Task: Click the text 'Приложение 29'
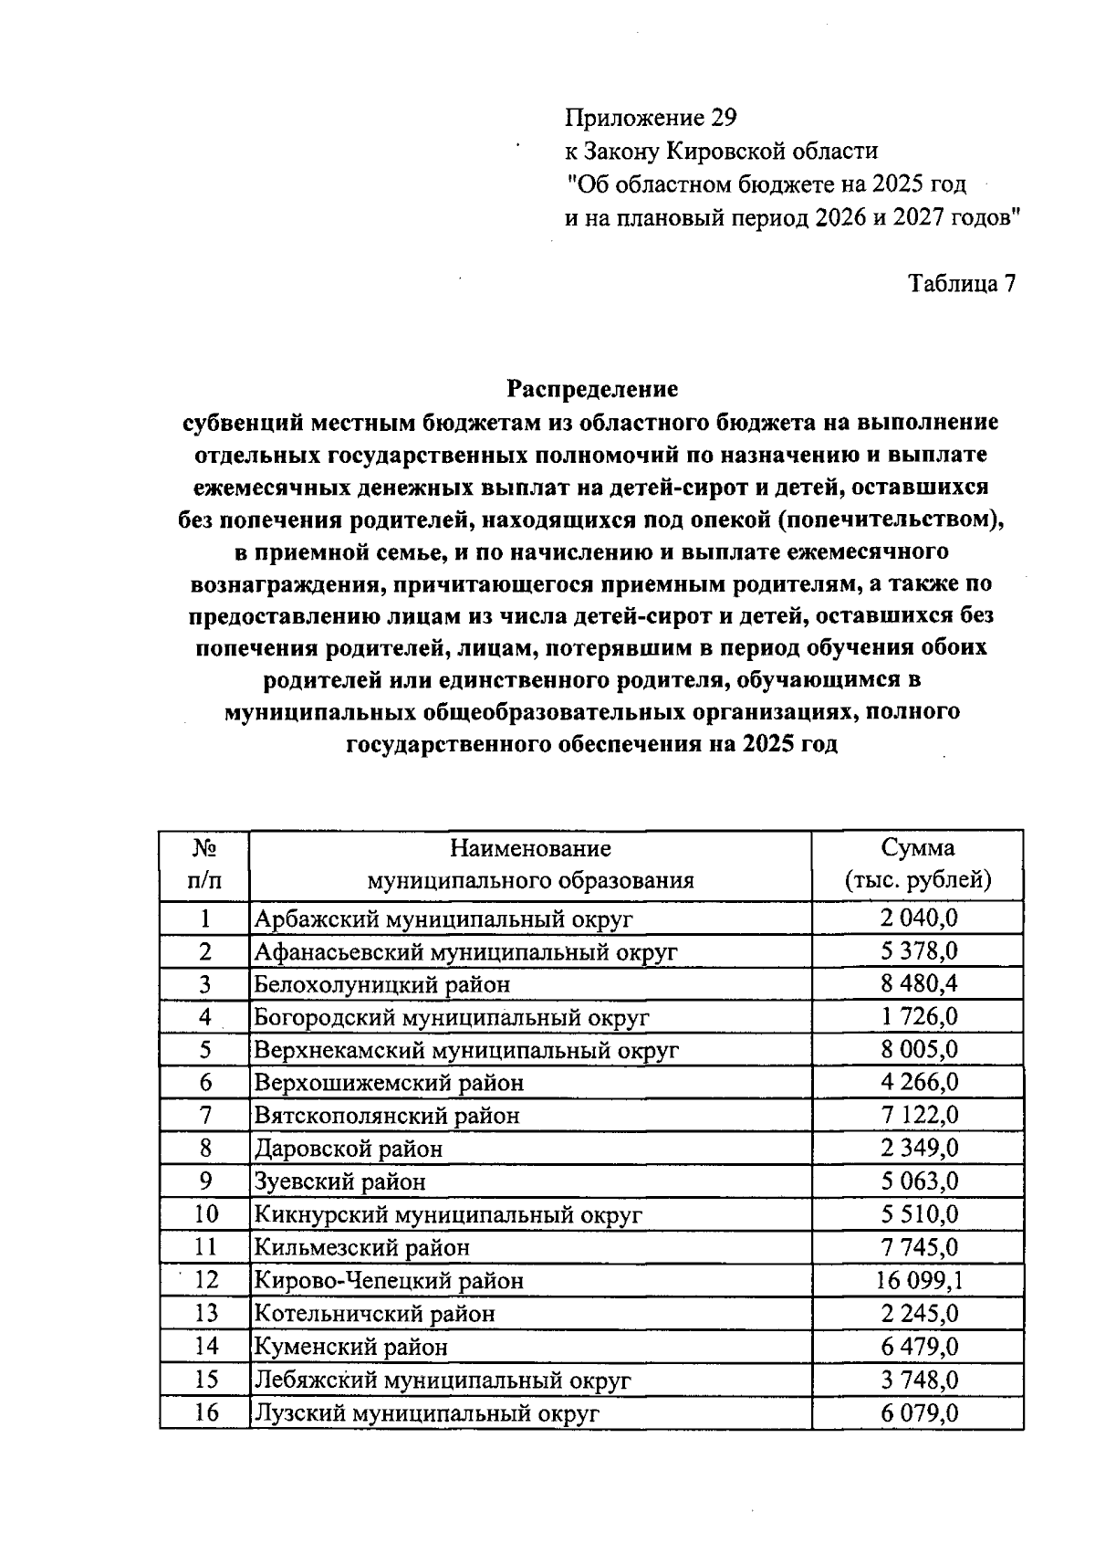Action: pos(650,118)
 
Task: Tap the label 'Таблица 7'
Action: pos(961,284)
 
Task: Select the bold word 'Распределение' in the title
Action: pos(592,390)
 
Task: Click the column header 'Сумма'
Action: pos(917,848)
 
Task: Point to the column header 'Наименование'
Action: pos(530,848)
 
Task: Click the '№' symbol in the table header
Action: pos(204,848)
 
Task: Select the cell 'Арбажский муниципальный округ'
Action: pos(443,918)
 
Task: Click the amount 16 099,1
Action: pos(919,1281)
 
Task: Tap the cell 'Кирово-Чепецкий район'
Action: pos(389,1281)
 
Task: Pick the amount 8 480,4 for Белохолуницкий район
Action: pos(919,984)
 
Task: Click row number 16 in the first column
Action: pos(206,1413)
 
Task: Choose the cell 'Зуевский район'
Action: pos(339,1182)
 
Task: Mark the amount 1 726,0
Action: pos(919,1017)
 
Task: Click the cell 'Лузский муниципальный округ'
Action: pos(426,1414)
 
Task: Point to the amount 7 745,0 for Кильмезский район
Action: pos(919,1247)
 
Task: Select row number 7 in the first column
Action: pos(206,1116)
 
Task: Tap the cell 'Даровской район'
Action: pos(348,1149)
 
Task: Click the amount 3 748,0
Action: pos(919,1380)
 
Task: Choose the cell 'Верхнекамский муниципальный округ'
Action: pos(466,1050)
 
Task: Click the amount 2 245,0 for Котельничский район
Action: pos(919,1314)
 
